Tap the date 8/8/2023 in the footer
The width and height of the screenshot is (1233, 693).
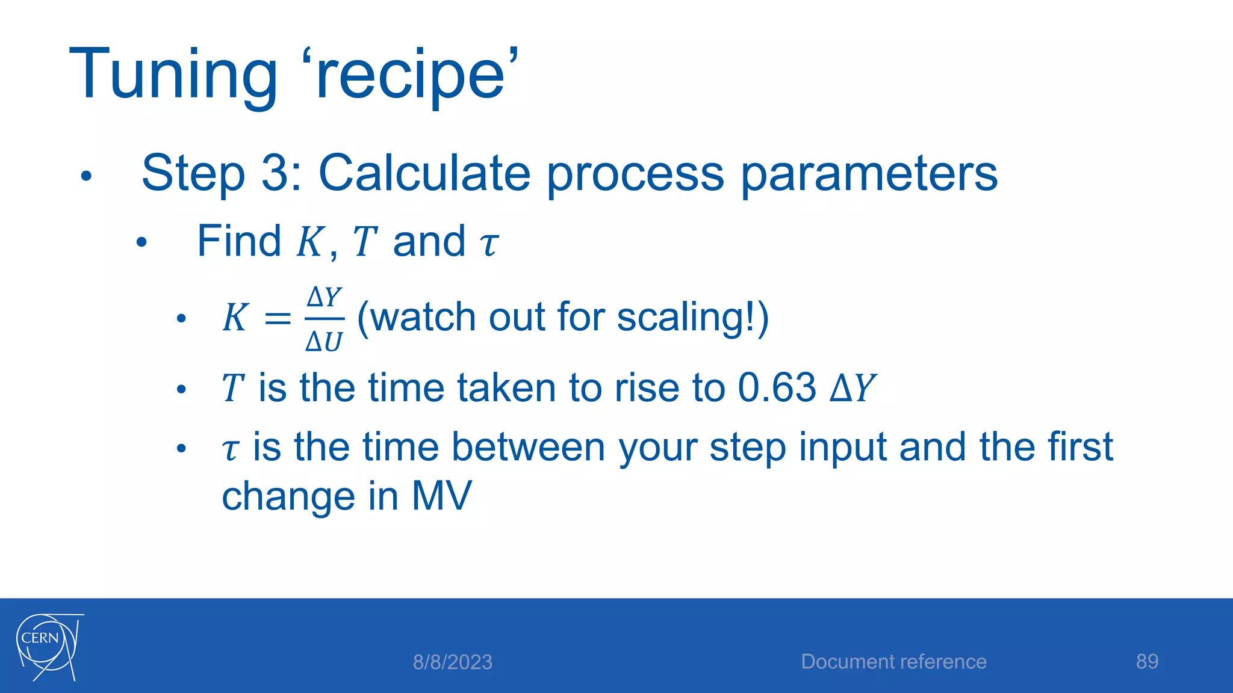click(452, 662)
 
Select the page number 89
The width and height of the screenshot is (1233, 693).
click(1147, 662)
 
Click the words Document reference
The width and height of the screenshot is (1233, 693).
click(893, 662)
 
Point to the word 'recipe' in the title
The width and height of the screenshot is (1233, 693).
click(415, 75)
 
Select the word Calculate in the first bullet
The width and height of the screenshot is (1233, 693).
click(424, 173)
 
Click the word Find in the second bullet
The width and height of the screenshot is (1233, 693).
click(239, 241)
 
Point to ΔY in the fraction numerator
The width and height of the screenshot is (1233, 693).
click(325, 297)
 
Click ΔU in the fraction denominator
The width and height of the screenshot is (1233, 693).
click(324, 342)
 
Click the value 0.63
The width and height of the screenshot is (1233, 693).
click(777, 387)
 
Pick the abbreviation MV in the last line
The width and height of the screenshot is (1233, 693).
click(441, 496)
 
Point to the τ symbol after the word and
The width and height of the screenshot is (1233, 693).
click(488, 244)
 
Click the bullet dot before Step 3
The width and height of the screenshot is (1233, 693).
click(86, 176)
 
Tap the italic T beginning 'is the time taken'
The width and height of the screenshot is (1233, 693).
click(232, 388)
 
